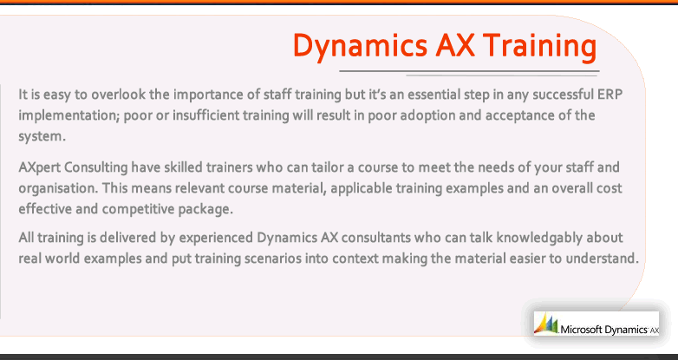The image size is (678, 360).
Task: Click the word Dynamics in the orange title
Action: pos(360,47)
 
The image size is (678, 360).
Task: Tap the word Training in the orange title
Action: pos(539,47)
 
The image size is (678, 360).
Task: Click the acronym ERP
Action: pos(610,95)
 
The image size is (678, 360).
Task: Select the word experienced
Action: pos(216,239)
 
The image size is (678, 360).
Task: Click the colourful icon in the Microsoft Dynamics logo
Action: pos(545,324)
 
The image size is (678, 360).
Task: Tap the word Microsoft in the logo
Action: pos(581,330)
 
